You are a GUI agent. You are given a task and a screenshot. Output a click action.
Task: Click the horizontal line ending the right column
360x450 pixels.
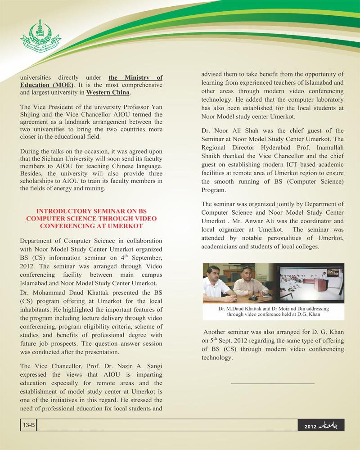[272, 383]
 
